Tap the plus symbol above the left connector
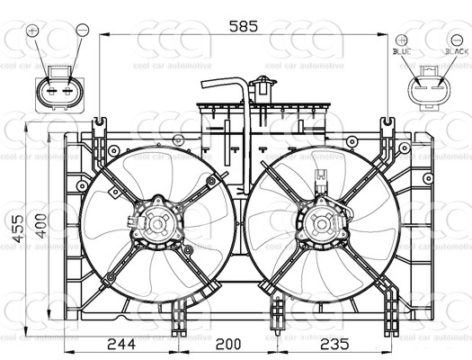click(x=33, y=31)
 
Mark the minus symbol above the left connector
click(x=82, y=31)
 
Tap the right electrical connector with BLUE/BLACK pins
click(x=429, y=90)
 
